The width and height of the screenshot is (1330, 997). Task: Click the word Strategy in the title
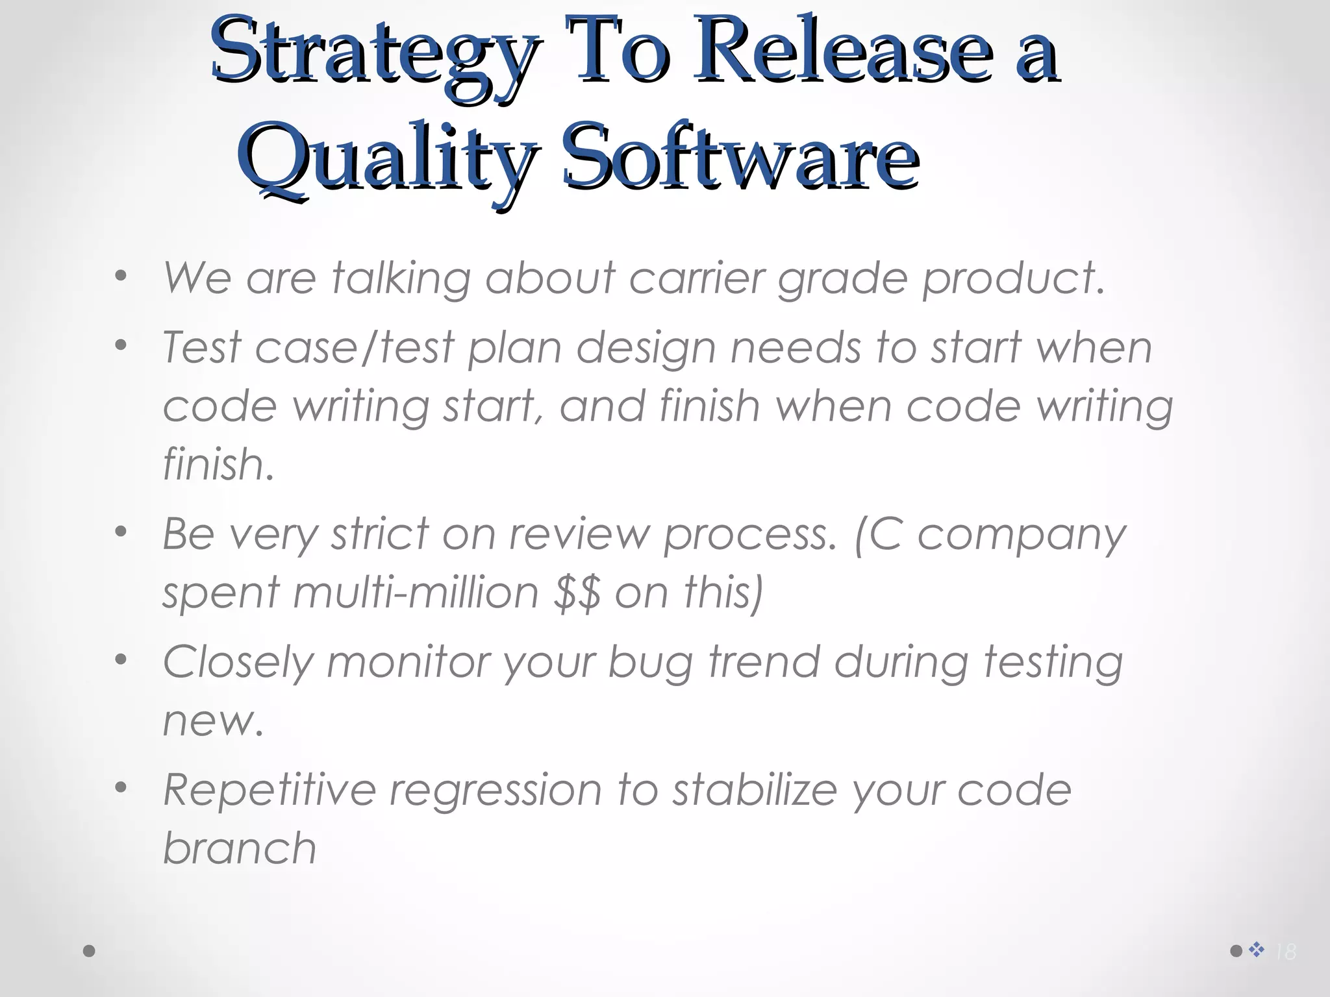373,55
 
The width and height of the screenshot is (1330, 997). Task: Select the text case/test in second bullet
355,347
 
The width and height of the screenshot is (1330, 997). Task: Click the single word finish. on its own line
218,465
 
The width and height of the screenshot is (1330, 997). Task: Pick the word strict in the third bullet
380,534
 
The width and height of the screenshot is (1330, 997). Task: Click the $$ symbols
577,593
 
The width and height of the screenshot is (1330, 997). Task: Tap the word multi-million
416,593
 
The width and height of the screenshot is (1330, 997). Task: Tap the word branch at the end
239,848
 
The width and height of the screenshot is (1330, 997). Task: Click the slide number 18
1285,952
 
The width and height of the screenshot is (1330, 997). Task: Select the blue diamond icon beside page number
1257,950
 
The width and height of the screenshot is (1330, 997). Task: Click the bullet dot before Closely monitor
121,660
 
